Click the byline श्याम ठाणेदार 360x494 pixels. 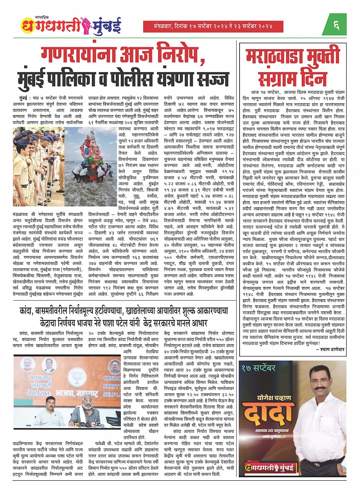331,348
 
